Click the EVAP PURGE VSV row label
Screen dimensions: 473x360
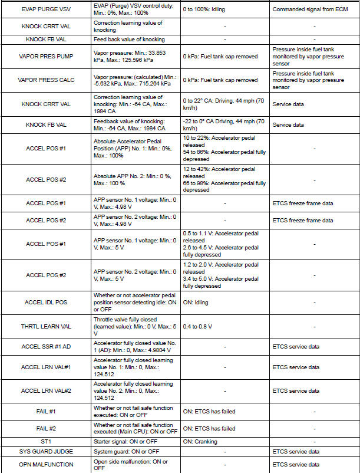click(x=45, y=10)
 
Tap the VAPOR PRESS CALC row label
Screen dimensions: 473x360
click(x=45, y=80)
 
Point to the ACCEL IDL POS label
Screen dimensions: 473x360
click(x=45, y=302)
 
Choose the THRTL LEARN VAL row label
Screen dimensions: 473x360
click(x=45, y=326)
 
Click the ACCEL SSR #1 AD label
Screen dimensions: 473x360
click(x=45, y=346)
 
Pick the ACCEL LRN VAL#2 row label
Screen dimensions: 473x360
click(x=45, y=390)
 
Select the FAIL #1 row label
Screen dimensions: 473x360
click(x=45, y=412)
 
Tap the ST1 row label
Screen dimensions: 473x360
click(x=45, y=441)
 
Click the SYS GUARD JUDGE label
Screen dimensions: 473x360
click(x=45, y=451)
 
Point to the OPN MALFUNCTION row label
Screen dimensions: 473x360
click(x=45, y=465)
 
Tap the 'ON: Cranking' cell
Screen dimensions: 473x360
click(x=200, y=441)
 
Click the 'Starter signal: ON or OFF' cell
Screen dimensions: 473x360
click(x=125, y=441)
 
